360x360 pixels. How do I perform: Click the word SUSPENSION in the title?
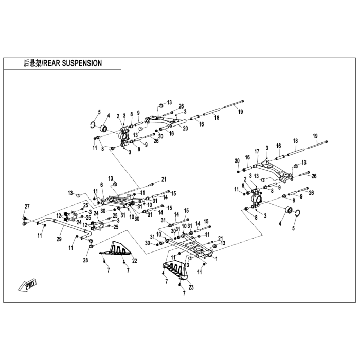[82, 63]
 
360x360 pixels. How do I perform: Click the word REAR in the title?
[52, 63]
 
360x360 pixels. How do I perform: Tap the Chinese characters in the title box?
[32, 63]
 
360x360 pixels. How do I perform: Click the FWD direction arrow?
[27, 285]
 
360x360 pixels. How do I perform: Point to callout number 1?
[217, 259]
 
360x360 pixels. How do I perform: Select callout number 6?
[102, 185]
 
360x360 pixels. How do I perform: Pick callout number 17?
[257, 151]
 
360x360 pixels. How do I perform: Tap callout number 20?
[185, 128]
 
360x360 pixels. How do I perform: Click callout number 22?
[135, 261]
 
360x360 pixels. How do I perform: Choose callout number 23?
[191, 287]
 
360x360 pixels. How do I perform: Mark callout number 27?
[27, 206]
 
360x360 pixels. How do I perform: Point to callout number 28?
[85, 260]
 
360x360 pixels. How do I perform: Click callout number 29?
[59, 239]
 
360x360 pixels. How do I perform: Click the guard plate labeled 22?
[116, 250]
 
